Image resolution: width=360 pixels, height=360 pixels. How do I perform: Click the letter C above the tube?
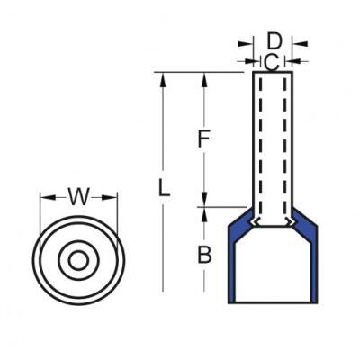pyautogui.click(x=270, y=61)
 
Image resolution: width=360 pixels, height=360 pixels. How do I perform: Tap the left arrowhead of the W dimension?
pyautogui.click(x=45, y=198)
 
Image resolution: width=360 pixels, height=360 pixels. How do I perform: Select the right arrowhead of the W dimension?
pyautogui.click(x=113, y=198)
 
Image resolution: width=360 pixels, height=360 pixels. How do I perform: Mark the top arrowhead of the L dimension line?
pyautogui.click(x=163, y=78)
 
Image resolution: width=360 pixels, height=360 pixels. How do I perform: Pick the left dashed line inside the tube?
pyautogui.click(x=257, y=144)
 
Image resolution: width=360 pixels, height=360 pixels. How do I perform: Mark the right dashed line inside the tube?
pyautogui.click(x=288, y=144)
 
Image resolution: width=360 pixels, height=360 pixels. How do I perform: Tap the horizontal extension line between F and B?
pyautogui.click(x=220, y=207)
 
